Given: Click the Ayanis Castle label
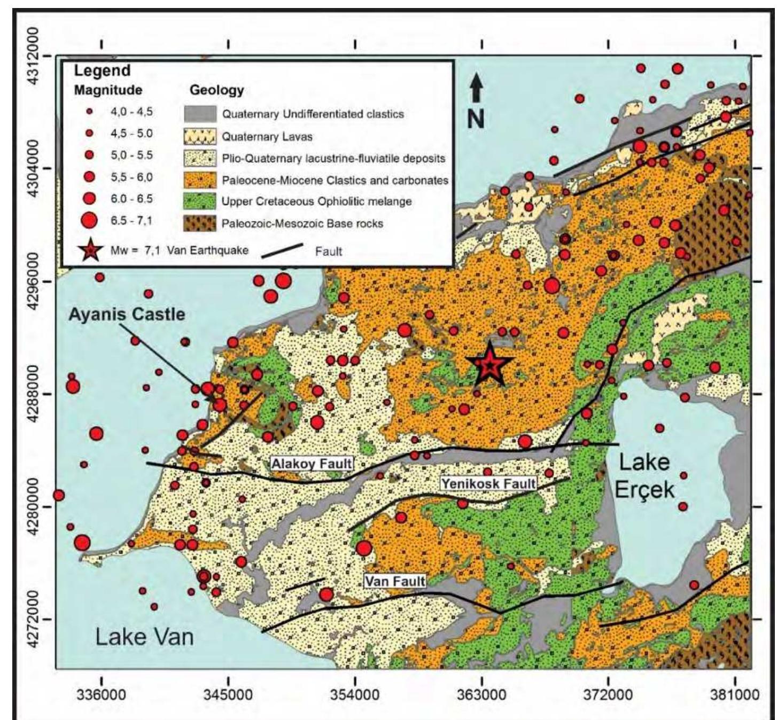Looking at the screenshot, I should [127, 314].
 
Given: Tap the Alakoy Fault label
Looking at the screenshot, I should [312, 463].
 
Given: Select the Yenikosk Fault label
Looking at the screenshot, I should [488, 484].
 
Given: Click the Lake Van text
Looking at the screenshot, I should [144, 637].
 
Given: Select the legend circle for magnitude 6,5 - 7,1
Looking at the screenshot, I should [90, 220].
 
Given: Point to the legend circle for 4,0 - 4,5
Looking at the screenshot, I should [90, 112].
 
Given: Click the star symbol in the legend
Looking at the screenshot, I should [90, 251].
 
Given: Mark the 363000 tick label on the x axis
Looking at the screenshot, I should [481, 696].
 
